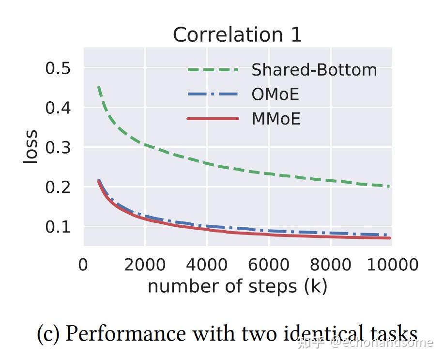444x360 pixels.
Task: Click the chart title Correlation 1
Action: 237,35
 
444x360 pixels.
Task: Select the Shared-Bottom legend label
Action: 314,70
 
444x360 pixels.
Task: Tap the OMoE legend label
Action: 275,94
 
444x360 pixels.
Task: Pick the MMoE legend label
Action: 276,119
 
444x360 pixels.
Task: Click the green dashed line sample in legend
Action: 213,70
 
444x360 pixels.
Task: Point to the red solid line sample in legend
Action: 213,119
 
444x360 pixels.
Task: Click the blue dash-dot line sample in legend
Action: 213,94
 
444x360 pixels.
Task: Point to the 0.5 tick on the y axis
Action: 58,68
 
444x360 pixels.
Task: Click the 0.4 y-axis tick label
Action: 58,108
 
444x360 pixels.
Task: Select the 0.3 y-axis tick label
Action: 58,147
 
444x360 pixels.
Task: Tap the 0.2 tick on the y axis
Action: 58,187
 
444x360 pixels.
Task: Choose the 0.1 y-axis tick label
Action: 58,227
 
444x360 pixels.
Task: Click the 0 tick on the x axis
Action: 83,265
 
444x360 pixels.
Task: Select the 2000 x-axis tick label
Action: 145,265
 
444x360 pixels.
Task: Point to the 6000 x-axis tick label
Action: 268,265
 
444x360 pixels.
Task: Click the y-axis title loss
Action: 31,146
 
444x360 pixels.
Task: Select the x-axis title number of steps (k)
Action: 237,286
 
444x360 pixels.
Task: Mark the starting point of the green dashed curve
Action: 99,87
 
